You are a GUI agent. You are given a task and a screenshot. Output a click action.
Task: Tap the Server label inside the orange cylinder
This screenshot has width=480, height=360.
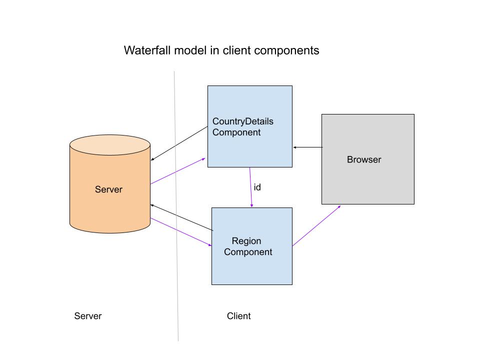[108, 189]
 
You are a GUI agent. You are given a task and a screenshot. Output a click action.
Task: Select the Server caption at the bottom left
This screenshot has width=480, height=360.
[88, 316]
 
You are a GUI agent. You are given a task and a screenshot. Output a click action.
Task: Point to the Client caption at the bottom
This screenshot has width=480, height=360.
[239, 316]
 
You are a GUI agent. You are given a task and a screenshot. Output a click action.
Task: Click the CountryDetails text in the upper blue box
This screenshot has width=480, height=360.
[243, 121]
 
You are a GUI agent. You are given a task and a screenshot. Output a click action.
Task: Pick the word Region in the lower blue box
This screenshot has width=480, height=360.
[246, 241]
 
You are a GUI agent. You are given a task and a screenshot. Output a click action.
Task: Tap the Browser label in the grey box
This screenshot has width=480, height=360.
[364, 160]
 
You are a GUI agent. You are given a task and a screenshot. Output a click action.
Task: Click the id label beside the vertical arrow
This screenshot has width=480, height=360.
[257, 187]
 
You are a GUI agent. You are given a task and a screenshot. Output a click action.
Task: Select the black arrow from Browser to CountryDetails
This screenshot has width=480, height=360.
[307, 147]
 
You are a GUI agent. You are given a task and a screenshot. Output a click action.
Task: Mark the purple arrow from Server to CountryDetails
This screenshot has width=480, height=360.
[178, 171]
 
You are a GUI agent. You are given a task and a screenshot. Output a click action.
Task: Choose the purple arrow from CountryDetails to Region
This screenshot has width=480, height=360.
[250, 187]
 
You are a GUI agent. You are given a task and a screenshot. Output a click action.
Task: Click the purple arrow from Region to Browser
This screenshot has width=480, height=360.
[317, 225]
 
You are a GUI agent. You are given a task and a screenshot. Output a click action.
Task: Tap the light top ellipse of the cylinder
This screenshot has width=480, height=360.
[110, 145]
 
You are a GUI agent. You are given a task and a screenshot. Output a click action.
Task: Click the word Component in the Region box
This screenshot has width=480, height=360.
[248, 252]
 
